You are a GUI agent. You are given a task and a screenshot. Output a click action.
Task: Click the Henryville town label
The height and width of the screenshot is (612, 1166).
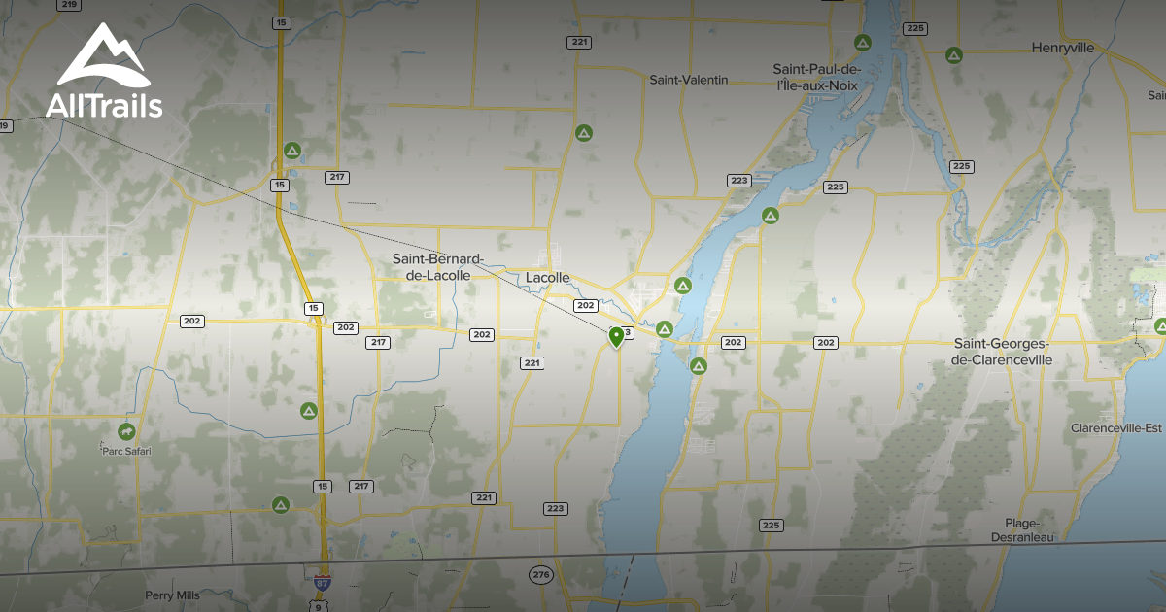(1062, 48)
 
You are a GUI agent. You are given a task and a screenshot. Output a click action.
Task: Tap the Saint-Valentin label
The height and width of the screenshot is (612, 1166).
(688, 80)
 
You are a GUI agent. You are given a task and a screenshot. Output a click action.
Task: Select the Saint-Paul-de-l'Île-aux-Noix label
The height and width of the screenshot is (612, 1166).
(816, 77)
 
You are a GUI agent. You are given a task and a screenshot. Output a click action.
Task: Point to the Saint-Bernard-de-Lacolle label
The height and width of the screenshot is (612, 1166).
(437, 267)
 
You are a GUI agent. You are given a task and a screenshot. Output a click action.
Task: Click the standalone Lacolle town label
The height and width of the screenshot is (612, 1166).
(547, 278)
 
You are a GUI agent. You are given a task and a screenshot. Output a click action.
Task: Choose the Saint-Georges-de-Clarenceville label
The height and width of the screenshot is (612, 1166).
(1003, 352)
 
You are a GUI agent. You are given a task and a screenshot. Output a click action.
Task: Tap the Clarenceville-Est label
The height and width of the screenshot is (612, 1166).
(1116, 428)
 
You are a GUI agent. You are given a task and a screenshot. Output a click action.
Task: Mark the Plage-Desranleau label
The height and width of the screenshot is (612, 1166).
(1023, 530)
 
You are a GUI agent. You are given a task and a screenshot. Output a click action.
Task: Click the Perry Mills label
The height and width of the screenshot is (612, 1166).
(172, 595)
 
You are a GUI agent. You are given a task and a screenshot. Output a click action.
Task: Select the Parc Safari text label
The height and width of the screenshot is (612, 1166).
(126, 451)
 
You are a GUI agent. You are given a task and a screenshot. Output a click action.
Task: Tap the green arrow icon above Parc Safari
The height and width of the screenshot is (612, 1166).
(126, 430)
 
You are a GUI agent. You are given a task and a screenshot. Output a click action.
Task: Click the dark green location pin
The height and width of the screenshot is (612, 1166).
(616, 337)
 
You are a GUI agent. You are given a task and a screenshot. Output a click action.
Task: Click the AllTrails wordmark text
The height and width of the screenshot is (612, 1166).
(103, 105)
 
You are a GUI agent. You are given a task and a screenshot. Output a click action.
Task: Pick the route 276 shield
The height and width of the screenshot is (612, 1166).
(541, 575)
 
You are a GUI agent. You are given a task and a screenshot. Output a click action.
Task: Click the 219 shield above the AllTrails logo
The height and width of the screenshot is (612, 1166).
(68, 5)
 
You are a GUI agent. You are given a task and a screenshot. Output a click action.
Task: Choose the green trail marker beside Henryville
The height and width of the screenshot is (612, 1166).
(954, 54)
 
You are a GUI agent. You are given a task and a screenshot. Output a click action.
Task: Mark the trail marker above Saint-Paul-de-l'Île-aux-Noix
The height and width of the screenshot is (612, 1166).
(861, 43)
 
